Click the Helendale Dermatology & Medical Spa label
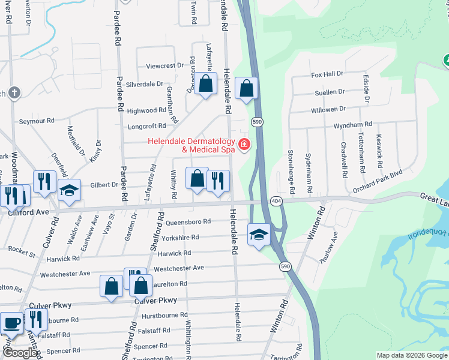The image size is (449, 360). click(191, 145)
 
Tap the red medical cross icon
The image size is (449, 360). click(244, 144)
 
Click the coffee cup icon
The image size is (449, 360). click(12, 324)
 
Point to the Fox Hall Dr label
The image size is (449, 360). click(327, 74)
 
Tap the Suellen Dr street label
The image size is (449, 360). click(328, 92)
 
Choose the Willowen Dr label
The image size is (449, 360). click(328, 109)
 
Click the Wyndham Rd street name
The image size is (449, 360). click(353, 124)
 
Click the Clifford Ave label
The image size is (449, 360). click(28, 212)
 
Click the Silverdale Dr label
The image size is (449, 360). click(144, 85)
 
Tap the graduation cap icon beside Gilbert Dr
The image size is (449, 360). click(69, 190)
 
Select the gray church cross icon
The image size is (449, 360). click(14, 92)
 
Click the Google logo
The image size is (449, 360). click(20, 353)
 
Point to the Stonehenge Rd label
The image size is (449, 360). click(291, 171)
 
